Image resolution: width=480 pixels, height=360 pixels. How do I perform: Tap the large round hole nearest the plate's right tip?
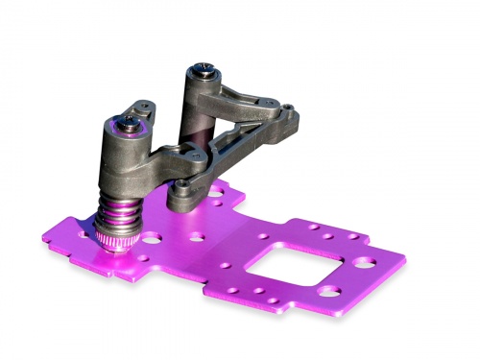pyautogui.click(x=364, y=260)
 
